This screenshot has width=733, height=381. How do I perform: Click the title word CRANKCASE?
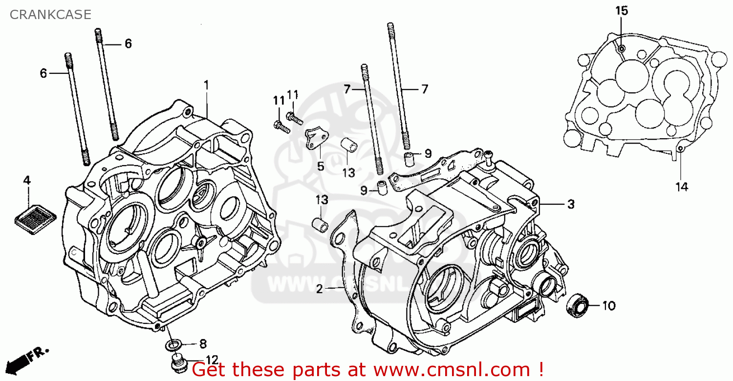tap(50, 15)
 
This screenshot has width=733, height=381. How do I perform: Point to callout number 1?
tap(206, 85)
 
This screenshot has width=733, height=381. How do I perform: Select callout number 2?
tap(319, 289)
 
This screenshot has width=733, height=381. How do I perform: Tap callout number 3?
tap(571, 205)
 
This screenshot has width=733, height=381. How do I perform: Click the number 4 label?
tap(27, 181)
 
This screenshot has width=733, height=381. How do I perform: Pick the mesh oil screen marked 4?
tap(35, 213)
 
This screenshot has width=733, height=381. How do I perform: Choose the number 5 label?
tap(320, 167)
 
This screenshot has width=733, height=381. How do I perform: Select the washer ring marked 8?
tap(172, 345)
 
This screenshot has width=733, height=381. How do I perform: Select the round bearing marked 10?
tap(577, 304)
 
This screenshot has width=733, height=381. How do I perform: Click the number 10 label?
tap(608, 306)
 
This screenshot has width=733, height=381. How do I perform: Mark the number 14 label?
tap(682, 187)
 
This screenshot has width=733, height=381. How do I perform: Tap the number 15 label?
tap(622, 11)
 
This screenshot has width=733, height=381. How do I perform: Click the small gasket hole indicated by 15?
tap(621, 48)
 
